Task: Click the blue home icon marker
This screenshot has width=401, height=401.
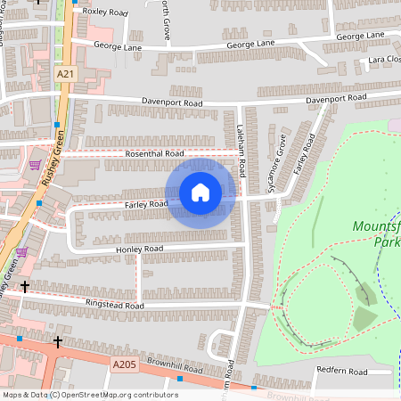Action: (x=200, y=192)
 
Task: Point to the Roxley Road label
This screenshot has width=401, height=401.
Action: (x=105, y=13)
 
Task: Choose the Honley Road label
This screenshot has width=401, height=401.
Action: (x=140, y=249)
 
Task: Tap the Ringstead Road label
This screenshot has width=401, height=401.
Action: (x=115, y=305)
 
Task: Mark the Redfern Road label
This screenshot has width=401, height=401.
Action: (x=340, y=371)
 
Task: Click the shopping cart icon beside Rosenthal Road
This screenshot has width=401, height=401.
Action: (x=35, y=164)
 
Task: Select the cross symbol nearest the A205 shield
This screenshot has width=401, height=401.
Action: (x=58, y=341)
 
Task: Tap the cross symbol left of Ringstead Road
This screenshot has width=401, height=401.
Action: (x=25, y=287)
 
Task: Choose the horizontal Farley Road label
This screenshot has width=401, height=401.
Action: (x=146, y=204)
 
